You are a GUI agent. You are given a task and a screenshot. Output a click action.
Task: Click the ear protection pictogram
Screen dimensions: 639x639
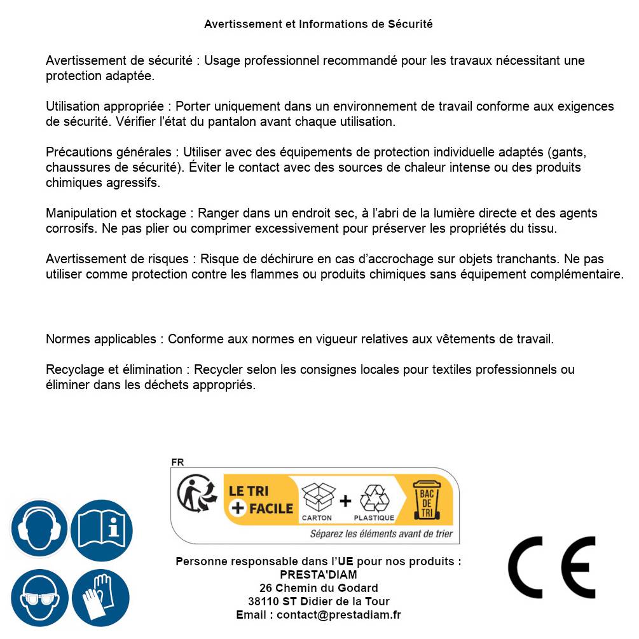click(x=39, y=528)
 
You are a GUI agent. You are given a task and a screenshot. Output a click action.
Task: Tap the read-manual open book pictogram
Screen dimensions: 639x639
click(x=102, y=528)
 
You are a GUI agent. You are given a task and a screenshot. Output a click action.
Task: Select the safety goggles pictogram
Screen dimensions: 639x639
click(x=39, y=598)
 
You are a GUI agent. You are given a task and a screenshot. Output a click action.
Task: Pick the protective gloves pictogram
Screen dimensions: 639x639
click(x=100, y=598)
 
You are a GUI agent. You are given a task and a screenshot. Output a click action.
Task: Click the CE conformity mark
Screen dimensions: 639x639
click(x=552, y=568)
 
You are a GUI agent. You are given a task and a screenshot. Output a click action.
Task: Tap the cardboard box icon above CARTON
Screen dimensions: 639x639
click(x=317, y=498)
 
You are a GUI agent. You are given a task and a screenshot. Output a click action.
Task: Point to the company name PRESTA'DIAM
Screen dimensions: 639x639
click(x=318, y=575)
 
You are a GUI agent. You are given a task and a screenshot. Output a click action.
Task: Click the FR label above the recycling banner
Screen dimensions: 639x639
click(x=177, y=462)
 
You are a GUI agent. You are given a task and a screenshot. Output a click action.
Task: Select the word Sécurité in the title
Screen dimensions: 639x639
click(x=410, y=24)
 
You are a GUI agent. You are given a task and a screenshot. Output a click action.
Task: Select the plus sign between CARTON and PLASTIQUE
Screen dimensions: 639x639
click(x=345, y=501)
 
